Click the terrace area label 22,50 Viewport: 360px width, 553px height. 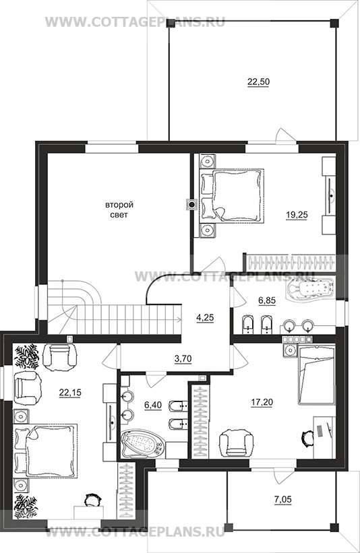258,82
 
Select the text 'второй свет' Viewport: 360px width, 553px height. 117,209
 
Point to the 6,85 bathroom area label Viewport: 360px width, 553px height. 267,301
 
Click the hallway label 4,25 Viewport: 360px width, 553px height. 205,317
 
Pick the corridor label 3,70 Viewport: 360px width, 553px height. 183,360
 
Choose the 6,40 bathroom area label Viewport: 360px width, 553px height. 153,405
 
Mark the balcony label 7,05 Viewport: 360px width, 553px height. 282,499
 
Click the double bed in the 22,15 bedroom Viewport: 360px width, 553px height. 45,451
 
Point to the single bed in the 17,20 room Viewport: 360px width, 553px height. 316,375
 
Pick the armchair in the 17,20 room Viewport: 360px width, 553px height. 236,443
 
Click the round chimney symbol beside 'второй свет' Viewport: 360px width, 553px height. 191,204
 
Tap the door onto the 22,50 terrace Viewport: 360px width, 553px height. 284,136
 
